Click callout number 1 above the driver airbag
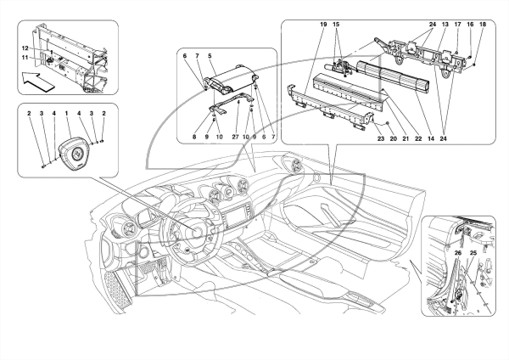tap(66, 114)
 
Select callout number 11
tap(25, 58)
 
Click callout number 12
tap(25, 48)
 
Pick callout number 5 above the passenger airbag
tap(210, 56)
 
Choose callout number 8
tap(194, 137)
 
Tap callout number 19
tap(323, 25)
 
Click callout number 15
tap(336, 25)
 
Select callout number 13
tap(445, 25)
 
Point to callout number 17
tap(458, 25)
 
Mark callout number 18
tap(483, 25)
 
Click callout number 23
tap(381, 138)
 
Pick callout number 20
tap(393, 138)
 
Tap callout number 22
tap(418, 138)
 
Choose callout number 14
tap(431, 138)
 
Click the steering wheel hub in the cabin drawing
tap(197, 233)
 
